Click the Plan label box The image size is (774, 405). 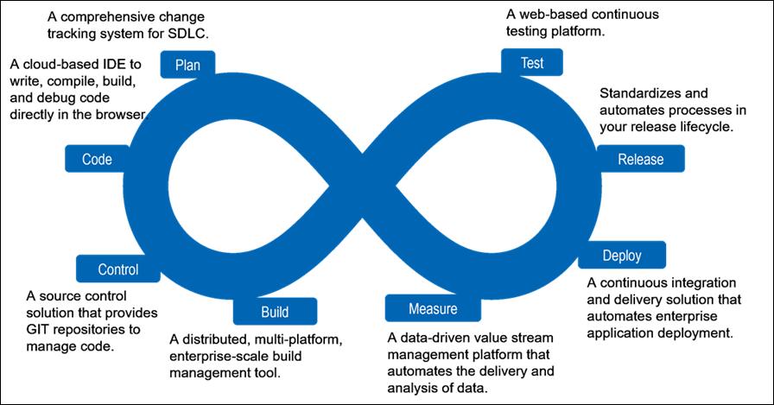pyautogui.click(x=187, y=65)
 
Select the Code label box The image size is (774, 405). pyautogui.click(x=97, y=159)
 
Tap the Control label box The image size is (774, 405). pyautogui.click(x=118, y=269)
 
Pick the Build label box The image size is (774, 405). pyautogui.click(x=274, y=312)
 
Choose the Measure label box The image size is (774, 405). pyautogui.click(x=421, y=308)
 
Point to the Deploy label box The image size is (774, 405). pyautogui.click(x=622, y=256)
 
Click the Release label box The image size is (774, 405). pyautogui.click(x=641, y=159)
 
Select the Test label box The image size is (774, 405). pyautogui.click(x=532, y=62)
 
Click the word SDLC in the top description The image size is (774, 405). pyautogui.click(x=187, y=35)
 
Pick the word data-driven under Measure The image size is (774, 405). pyautogui.click(x=437, y=337)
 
